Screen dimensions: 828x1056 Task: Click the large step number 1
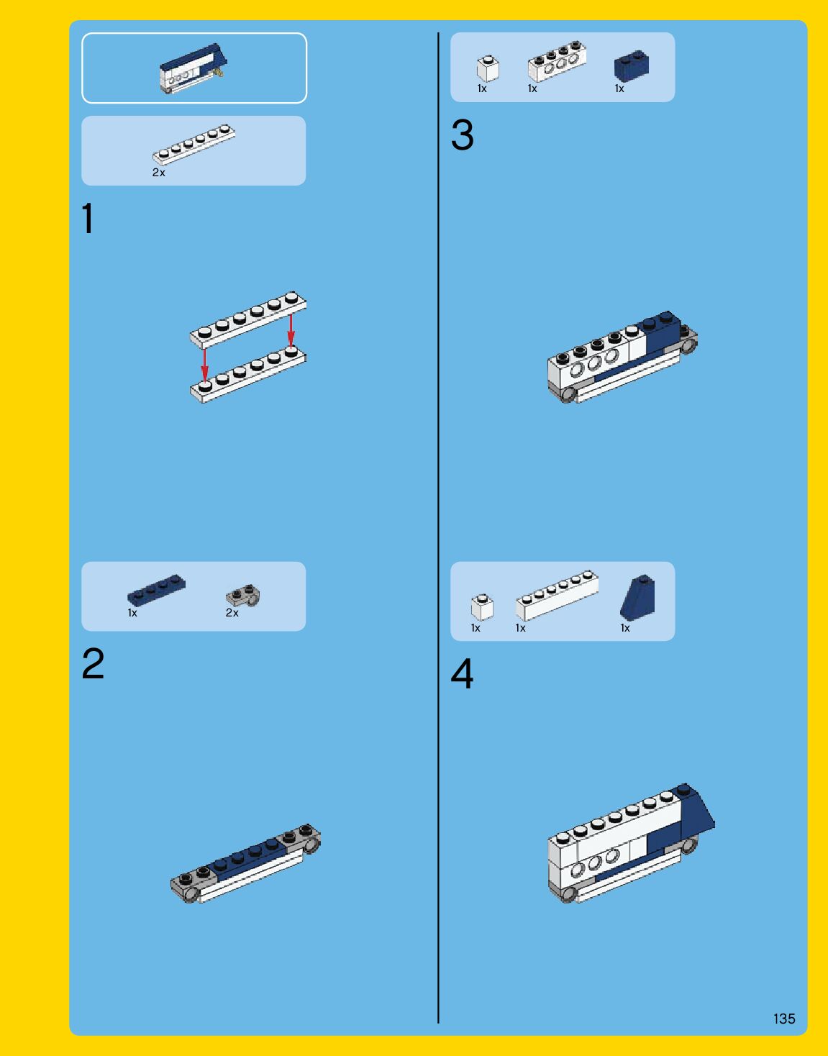pyautogui.click(x=88, y=218)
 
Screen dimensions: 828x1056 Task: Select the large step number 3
pyautogui.click(x=462, y=135)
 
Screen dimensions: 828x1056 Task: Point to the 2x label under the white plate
pyautogui.click(x=159, y=173)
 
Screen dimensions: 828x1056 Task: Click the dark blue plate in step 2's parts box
pyautogui.click(x=156, y=589)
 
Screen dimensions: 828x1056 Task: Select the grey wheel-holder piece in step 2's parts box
pyautogui.click(x=243, y=596)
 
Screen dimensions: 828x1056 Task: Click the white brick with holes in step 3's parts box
pyautogui.click(x=557, y=60)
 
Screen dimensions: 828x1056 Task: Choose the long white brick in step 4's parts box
pyautogui.click(x=557, y=595)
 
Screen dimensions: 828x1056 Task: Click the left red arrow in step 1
pyautogui.click(x=205, y=365)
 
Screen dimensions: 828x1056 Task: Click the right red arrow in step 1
pyautogui.click(x=291, y=329)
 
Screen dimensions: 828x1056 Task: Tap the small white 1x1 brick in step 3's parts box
pyautogui.click(x=488, y=68)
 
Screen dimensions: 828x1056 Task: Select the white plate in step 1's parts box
pyautogui.click(x=194, y=145)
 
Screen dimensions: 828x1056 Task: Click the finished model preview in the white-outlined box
pyautogui.click(x=194, y=68)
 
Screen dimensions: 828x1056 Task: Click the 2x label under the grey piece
pyautogui.click(x=232, y=613)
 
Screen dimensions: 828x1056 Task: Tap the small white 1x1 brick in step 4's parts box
pyautogui.click(x=482, y=607)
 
